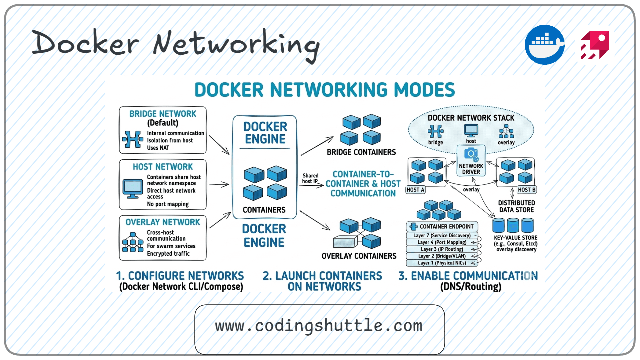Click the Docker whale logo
pyautogui.click(x=544, y=45)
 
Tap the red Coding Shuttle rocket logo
pyautogui.click(x=594, y=45)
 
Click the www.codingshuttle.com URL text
pyautogui.click(x=319, y=326)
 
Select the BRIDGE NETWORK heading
pyautogui.click(x=163, y=114)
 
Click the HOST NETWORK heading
pyautogui.click(x=163, y=167)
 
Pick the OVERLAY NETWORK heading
pyautogui.click(x=163, y=222)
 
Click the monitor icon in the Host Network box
pyautogui.click(x=132, y=188)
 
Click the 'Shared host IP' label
pyautogui.click(x=310, y=178)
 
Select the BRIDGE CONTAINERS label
pyautogui.click(x=361, y=152)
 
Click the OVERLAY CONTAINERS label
pyautogui.click(x=359, y=256)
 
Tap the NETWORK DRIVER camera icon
pyautogui.click(x=471, y=154)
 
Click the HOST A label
pyautogui.click(x=416, y=190)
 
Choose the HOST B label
pyautogui.click(x=527, y=190)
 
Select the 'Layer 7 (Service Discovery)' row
pyautogui.click(x=442, y=236)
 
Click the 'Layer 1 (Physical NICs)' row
pyautogui.click(x=442, y=263)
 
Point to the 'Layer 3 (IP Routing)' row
pyautogui.click(x=442, y=249)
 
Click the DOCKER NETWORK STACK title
pyautogui.click(x=471, y=118)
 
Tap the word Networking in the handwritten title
pyautogui.click(x=236, y=44)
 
